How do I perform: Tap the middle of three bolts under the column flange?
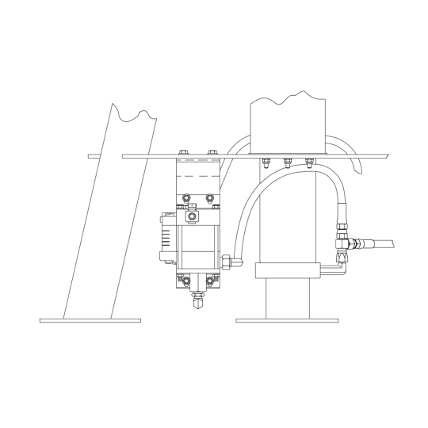(286, 165)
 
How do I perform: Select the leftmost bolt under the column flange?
(262, 165)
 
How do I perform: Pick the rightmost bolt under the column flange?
(309, 165)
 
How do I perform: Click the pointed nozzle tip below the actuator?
(196, 304)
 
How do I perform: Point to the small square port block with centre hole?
(191, 216)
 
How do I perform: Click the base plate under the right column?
(287, 320)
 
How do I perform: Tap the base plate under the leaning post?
(90, 320)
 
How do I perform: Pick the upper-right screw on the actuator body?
(210, 197)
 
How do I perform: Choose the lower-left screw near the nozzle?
(184, 281)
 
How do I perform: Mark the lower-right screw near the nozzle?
(209, 281)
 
